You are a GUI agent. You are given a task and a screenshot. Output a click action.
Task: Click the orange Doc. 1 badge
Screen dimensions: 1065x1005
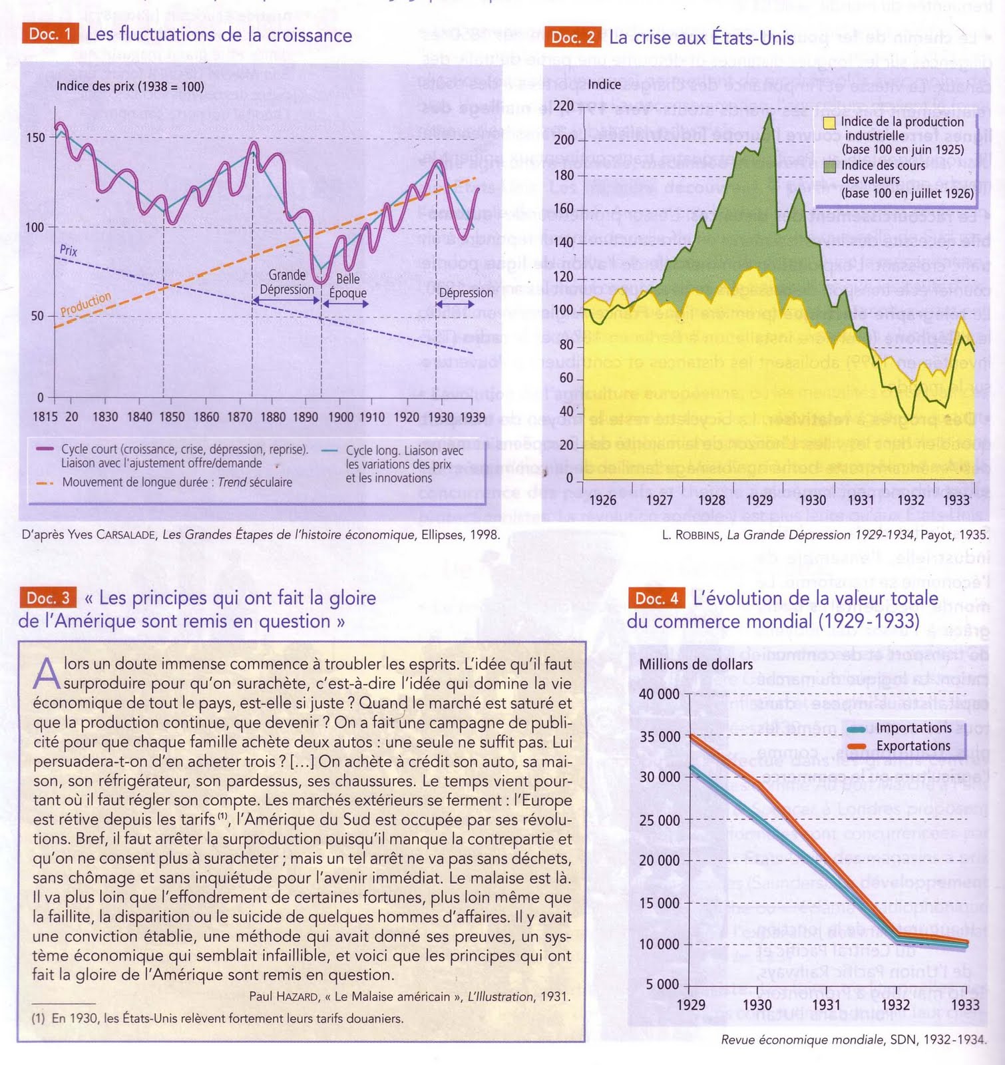pyautogui.click(x=49, y=34)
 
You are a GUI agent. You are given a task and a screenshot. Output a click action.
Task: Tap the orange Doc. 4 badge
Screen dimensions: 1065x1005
pyautogui.click(x=656, y=598)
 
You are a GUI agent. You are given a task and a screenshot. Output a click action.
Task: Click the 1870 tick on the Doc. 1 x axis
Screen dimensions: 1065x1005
pyautogui.click(x=240, y=417)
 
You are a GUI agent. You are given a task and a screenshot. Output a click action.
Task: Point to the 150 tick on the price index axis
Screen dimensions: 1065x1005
pyautogui.click(x=35, y=138)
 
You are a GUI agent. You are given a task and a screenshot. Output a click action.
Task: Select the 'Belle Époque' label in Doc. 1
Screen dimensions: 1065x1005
pyautogui.click(x=347, y=286)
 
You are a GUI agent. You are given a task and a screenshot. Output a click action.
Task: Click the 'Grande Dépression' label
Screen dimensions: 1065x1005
pyautogui.click(x=287, y=282)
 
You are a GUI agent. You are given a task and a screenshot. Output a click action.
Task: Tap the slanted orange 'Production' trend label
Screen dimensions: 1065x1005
pyautogui.click(x=86, y=304)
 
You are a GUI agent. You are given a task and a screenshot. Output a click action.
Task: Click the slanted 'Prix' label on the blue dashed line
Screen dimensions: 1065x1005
pyautogui.click(x=69, y=250)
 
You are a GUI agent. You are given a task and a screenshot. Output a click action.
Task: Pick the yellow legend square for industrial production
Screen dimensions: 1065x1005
pyautogui.click(x=829, y=122)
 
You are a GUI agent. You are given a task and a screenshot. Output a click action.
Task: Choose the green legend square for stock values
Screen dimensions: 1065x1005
pyautogui.click(x=829, y=166)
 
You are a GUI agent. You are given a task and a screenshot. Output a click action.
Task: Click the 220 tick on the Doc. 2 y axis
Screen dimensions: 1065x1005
pyautogui.click(x=563, y=106)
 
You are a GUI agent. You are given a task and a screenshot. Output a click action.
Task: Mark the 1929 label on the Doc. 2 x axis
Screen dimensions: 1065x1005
pyautogui.click(x=759, y=500)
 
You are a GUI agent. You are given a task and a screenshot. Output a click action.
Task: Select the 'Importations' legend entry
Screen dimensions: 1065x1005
pyautogui.click(x=913, y=728)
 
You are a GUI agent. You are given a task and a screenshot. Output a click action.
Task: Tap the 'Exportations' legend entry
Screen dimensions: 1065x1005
pyautogui.click(x=913, y=746)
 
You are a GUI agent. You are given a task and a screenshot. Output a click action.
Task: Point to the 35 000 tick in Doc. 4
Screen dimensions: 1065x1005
pyautogui.click(x=660, y=737)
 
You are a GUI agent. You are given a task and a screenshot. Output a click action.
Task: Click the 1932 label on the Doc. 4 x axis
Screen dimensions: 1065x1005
pyautogui.click(x=895, y=1004)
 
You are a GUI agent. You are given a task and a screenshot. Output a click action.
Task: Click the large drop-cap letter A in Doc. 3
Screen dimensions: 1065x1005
pyautogui.click(x=47, y=674)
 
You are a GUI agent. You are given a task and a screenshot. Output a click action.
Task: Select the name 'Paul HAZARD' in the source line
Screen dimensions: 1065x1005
pyautogui.click(x=284, y=996)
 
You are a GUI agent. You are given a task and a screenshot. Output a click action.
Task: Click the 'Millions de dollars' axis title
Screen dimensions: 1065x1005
pyautogui.click(x=696, y=664)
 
